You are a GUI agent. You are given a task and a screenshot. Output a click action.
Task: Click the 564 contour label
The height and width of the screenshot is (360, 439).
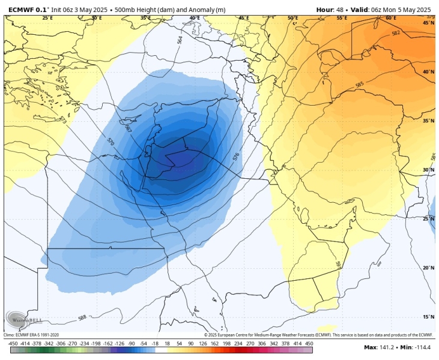pyautogui.click(x=180, y=40)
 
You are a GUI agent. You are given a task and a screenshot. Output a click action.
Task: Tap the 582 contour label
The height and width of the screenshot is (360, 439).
pyautogui.click(x=395, y=33)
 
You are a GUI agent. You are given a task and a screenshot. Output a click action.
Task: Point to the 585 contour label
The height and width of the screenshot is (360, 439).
pyautogui.click(x=359, y=85)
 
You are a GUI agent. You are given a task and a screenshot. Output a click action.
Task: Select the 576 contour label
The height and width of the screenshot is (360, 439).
pyautogui.click(x=236, y=157)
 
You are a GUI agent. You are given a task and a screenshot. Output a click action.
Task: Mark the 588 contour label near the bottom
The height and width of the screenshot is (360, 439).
pyautogui.click(x=82, y=317)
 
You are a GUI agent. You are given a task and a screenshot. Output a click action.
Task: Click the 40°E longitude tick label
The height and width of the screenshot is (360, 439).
pyautogui.click(x=195, y=18)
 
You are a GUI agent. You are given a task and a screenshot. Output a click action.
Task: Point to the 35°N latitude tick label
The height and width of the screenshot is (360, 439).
pyautogui.click(x=428, y=121)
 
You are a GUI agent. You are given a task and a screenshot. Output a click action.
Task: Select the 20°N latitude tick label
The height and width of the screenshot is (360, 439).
pyautogui.click(x=428, y=268)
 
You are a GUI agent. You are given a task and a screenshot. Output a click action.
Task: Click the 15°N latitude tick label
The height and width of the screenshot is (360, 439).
pyautogui.click(x=428, y=317)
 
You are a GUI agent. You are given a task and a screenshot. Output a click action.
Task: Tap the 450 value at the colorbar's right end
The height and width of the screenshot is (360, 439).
pyautogui.click(x=309, y=343)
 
